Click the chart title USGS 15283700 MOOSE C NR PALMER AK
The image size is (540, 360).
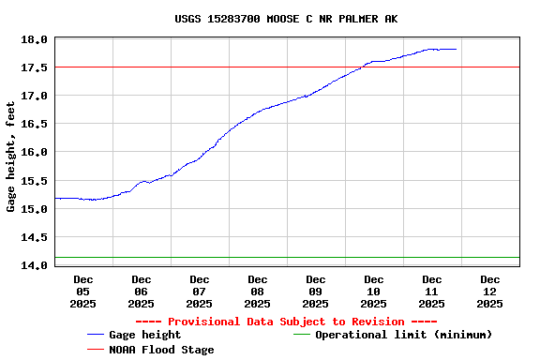pos(286,19)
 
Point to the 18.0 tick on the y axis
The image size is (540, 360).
pos(36,39)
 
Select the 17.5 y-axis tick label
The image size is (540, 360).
pos(36,67)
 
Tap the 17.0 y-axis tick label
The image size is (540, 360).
pos(36,96)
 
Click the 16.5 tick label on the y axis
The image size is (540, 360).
pos(36,124)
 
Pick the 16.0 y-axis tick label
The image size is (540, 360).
pos(36,152)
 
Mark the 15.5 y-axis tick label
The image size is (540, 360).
pos(36,180)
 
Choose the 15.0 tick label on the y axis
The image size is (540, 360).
pos(36,208)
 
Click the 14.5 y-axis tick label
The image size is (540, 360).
pos(36,236)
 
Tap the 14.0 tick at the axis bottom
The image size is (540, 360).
pos(36,265)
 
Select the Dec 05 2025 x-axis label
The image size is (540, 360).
pos(83,291)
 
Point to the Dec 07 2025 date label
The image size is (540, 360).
pos(200,291)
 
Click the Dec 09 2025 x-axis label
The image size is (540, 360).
pos(316,291)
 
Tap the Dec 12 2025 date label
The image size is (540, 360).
pos(490,291)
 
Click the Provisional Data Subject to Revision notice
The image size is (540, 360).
pos(287,321)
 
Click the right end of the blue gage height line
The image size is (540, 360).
pos(456,49)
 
